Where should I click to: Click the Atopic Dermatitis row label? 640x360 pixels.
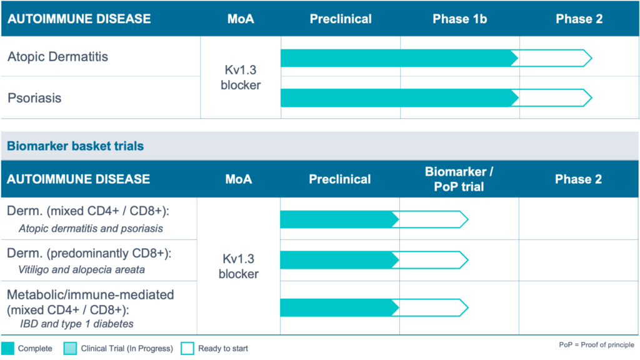57,57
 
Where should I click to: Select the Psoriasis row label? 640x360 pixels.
34,98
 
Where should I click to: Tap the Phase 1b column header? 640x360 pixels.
459,19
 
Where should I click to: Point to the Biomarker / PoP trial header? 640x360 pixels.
459,179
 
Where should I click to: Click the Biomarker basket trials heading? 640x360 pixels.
75,146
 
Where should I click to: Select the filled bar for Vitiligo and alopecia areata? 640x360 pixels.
339,260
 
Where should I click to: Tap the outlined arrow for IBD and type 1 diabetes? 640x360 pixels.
433,307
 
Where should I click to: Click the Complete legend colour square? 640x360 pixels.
7,349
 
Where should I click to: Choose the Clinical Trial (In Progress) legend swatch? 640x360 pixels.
70,349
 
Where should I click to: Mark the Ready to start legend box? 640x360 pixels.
187,349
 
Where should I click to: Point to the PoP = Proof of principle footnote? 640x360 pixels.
596,345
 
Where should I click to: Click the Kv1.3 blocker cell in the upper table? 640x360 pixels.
241,77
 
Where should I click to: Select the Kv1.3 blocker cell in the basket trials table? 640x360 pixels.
238,266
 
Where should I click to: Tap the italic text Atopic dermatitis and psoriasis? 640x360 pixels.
91,229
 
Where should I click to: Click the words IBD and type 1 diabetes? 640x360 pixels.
77,324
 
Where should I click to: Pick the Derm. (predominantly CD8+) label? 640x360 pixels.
89,254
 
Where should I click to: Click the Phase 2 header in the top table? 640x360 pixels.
579,19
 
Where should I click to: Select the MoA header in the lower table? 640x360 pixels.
238,179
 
